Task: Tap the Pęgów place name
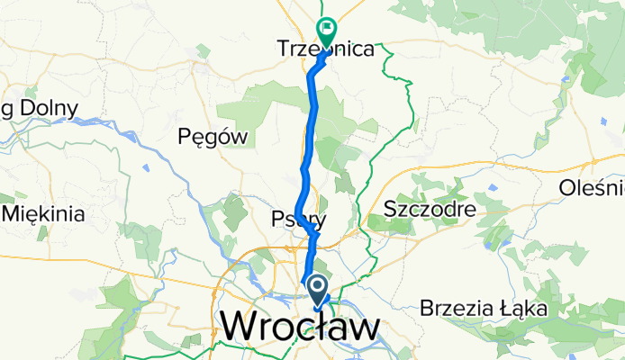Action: pos(213,137)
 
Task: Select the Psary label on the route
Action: pos(297,219)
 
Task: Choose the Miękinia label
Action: pos(45,214)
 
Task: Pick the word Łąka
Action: pos(524,309)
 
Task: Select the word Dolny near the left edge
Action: pos(51,109)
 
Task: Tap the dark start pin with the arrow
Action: pos(319,289)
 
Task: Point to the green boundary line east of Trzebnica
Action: pos(394,63)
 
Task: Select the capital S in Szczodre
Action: pos(389,209)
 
